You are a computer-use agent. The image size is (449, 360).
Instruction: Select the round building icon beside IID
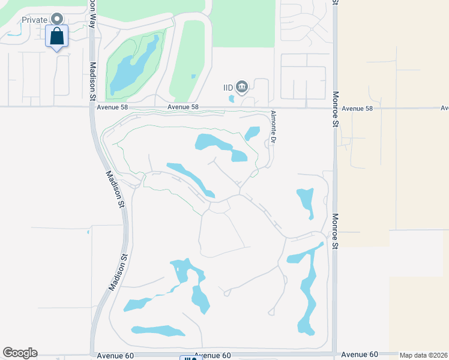click(x=241, y=88)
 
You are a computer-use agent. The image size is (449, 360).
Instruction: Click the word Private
click(x=35, y=20)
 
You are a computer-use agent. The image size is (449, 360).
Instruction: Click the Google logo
click(x=20, y=353)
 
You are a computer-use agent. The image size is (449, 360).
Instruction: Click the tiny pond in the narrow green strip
click(x=193, y=76)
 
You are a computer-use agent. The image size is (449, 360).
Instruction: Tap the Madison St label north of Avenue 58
click(x=93, y=80)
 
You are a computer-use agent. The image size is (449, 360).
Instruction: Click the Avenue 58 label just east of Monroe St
click(x=357, y=109)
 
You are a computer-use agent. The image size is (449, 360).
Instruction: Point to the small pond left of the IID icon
click(x=232, y=99)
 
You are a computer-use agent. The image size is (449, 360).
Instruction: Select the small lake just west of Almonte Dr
click(x=252, y=133)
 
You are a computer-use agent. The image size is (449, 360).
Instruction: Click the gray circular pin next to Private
click(x=57, y=19)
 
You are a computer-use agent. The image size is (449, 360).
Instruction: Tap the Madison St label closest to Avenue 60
click(x=119, y=272)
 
